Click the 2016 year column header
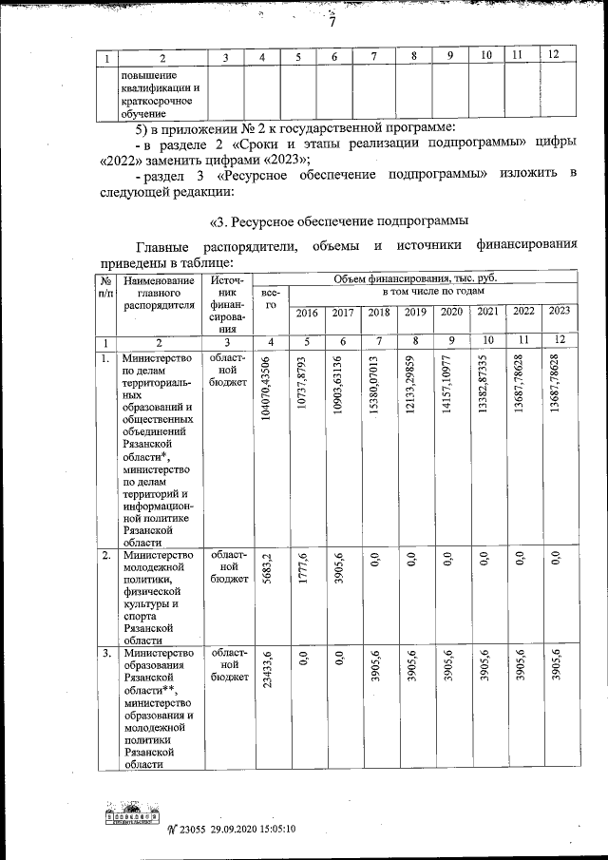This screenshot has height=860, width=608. tap(306, 312)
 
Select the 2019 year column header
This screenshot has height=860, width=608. tap(415, 312)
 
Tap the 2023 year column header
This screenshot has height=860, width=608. tap(559, 311)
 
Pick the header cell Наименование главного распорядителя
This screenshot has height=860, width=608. tap(159, 293)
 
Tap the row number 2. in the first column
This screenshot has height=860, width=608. tap(105, 556)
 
